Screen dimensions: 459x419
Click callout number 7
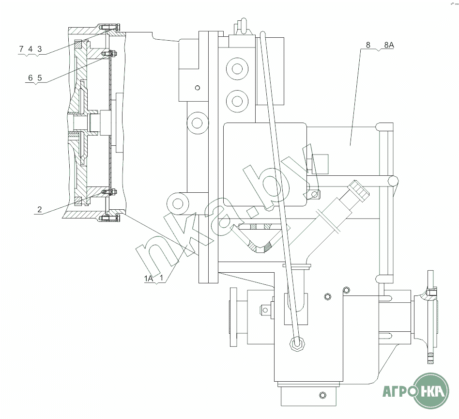point(21,49)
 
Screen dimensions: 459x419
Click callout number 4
point(31,49)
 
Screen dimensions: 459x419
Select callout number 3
point(40,49)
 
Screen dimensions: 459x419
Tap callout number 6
point(31,78)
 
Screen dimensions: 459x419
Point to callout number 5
point(40,78)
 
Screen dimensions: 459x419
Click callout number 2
point(40,209)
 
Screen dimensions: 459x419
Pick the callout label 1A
point(149,279)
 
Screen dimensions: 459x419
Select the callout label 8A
point(389,45)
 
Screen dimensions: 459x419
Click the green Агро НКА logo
point(416,391)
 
